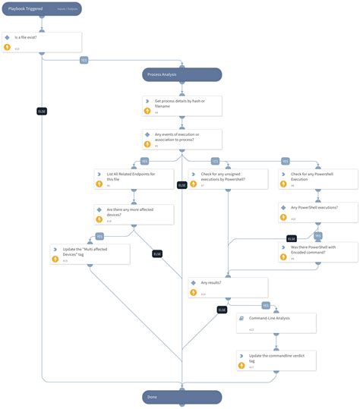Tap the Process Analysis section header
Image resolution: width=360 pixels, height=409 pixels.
(x=182, y=74)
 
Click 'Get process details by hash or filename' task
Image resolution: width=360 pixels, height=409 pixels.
(x=182, y=105)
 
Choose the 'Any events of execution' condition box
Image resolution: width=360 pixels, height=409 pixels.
(x=182, y=139)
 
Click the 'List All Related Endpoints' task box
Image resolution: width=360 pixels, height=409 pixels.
(x=134, y=178)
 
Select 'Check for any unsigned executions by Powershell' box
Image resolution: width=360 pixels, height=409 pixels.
(x=229, y=178)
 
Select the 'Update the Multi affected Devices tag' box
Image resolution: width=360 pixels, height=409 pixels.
(x=90, y=253)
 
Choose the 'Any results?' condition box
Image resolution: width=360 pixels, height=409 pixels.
(x=229, y=287)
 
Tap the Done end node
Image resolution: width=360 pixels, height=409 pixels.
(x=182, y=397)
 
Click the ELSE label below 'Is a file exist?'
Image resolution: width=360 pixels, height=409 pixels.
(x=42, y=112)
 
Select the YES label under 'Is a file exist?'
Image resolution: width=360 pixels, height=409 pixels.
(x=84, y=61)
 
